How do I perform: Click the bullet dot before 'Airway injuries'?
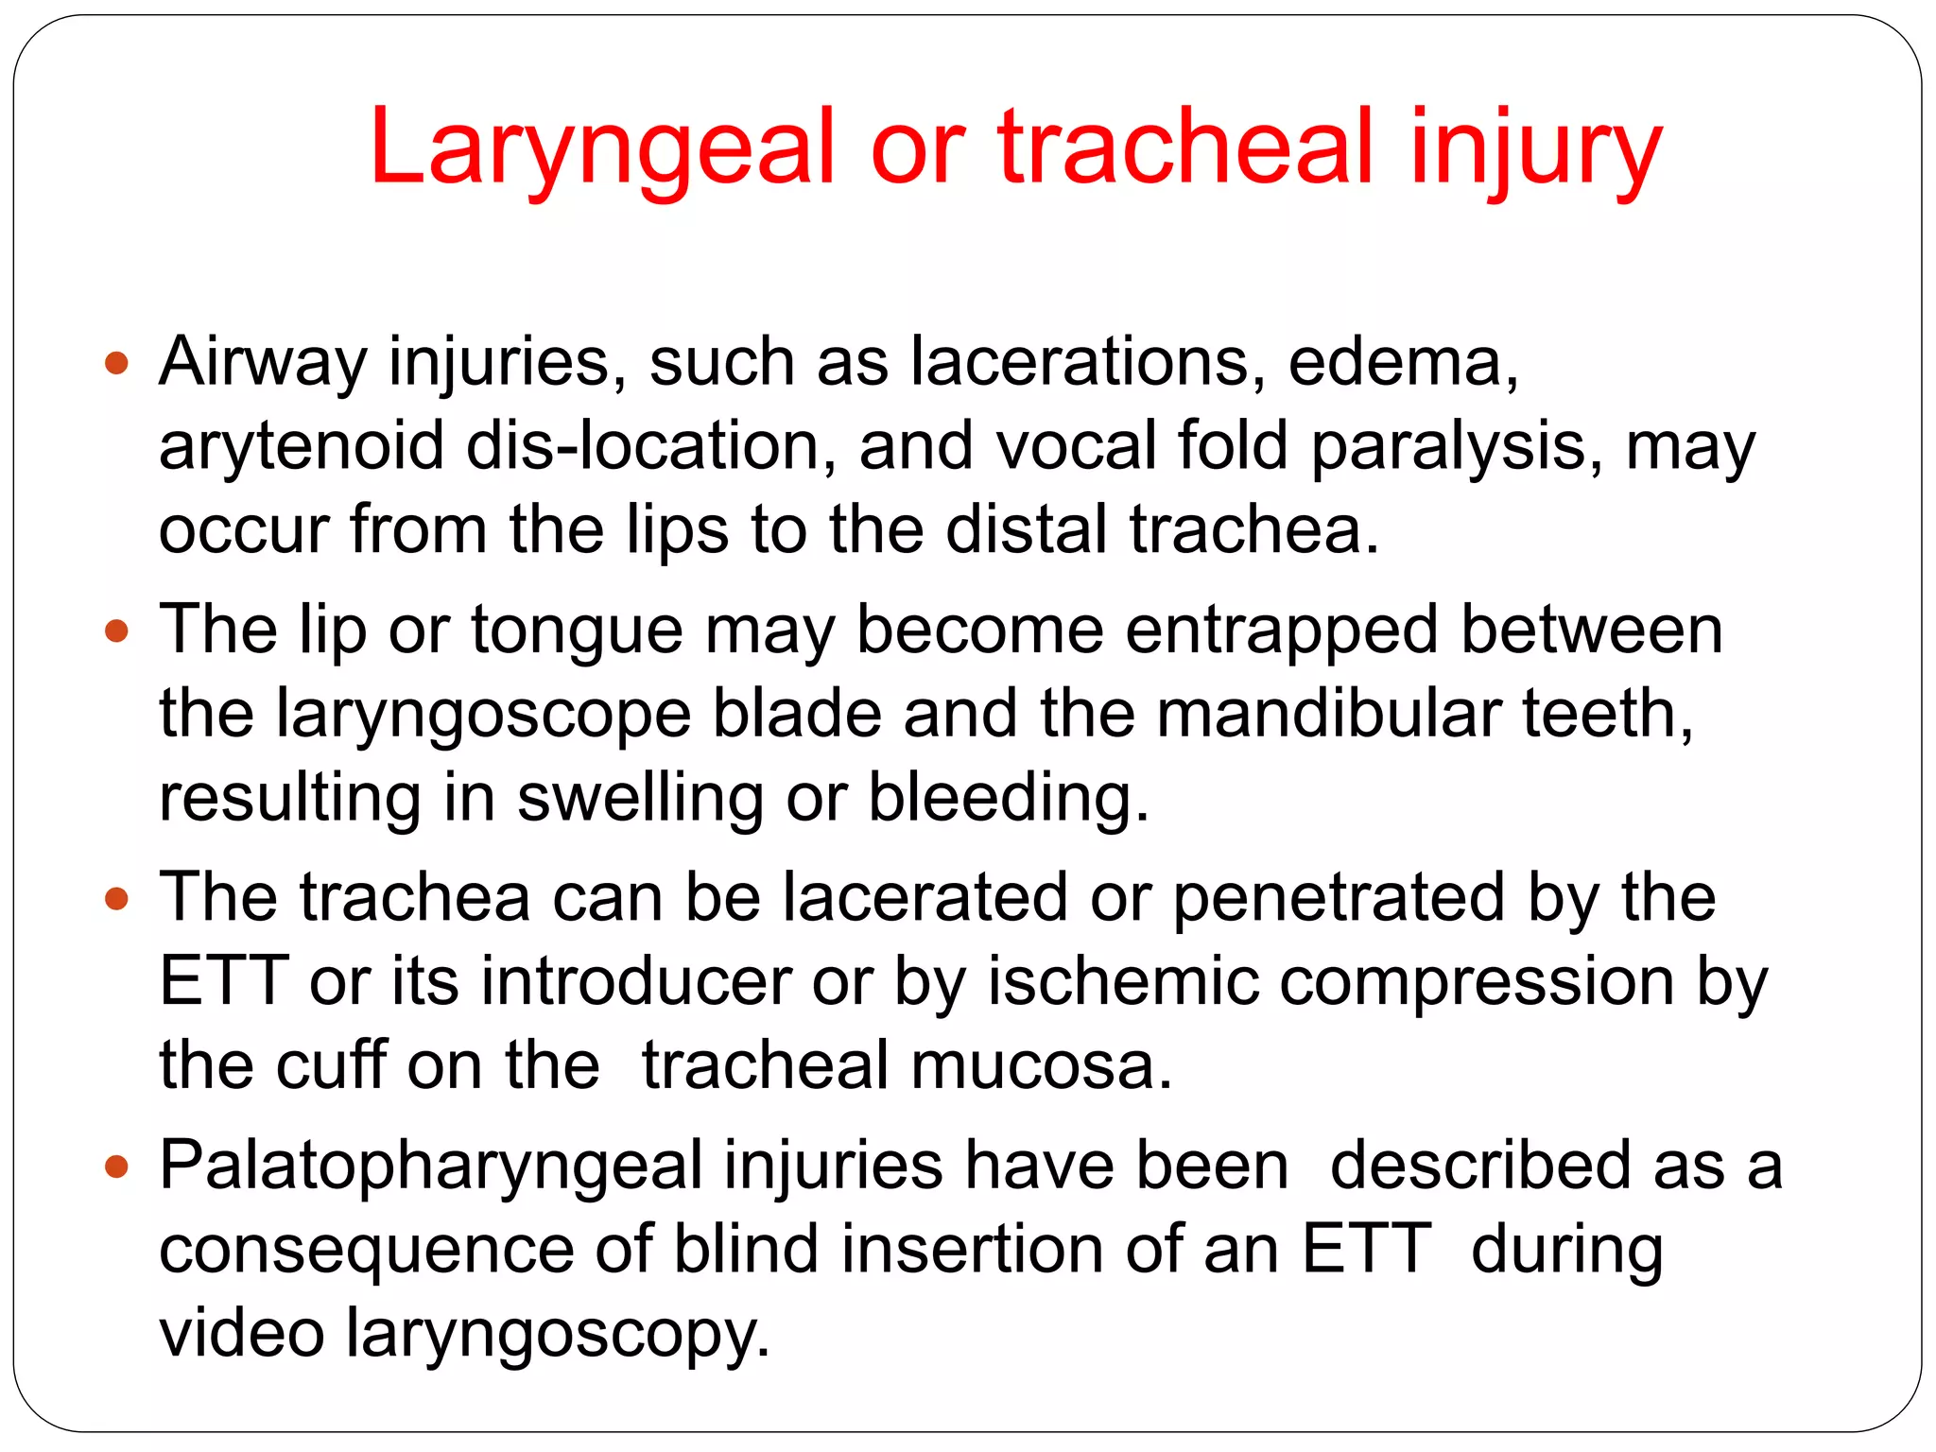click(x=116, y=362)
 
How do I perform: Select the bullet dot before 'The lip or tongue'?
click(x=116, y=631)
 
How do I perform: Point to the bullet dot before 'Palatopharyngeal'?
click(x=116, y=1167)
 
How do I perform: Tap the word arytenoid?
click(x=301, y=446)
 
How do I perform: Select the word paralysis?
click(x=1454, y=446)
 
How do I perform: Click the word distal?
click(x=1027, y=529)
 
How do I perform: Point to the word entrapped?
click(x=1282, y=631)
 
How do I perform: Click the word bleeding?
click(x=1008, y=798)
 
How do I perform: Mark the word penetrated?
click(x=1339, y=898)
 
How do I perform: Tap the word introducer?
click(x=636, y=981)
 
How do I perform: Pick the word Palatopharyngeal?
click(x=430, y=1167)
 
